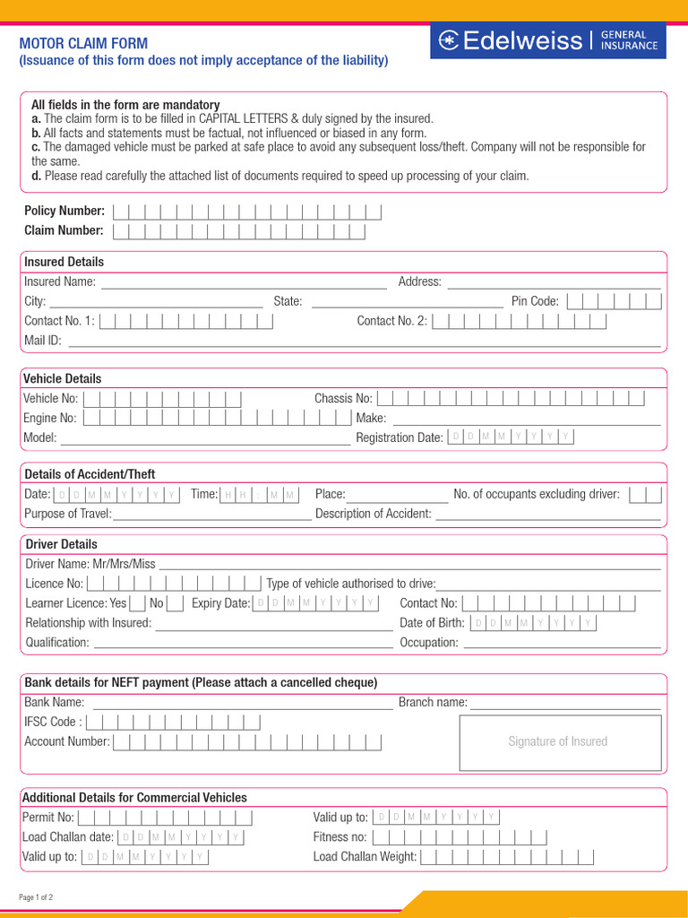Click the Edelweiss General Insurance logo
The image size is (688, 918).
click(547, 40)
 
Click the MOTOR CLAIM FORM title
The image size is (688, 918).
click(84, 43)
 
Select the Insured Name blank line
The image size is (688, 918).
click(244, 283)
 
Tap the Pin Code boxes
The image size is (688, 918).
click(614, 301)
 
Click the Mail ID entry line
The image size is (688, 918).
click(364, 342)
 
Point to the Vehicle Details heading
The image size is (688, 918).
click(63, 378)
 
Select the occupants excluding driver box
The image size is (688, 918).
click(645, 495)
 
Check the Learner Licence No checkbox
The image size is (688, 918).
click(176, 603)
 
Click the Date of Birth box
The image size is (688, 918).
click(533, 623)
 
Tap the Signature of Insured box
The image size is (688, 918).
click(557, 741)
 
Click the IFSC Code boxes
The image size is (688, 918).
click(174, 722)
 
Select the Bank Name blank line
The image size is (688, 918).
click(242, 704)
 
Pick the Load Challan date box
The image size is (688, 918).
click(181, 836)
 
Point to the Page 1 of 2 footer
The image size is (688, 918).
click(37, 896)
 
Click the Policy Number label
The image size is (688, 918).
click(64, 211)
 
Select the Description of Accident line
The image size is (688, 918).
click(547, 515)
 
